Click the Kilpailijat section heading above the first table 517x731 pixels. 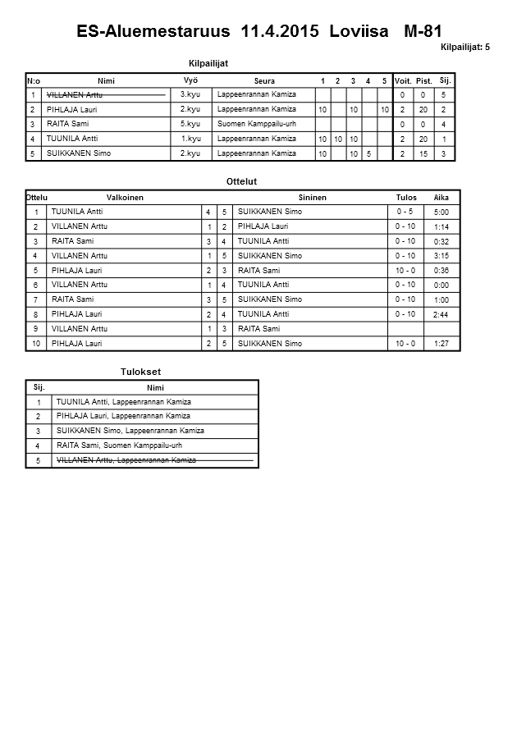click(208, 63)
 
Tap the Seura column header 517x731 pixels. click(264, 81)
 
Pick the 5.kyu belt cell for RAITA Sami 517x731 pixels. click(190, 124)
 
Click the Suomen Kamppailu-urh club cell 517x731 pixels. click(256, 124)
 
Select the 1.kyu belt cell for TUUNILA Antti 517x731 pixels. click(190, 139)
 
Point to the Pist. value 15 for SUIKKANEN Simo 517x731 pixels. click(423, 153)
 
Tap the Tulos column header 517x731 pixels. click(405, 198)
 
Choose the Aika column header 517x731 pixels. click(442, 198)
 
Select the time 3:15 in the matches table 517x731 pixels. click(442, 257)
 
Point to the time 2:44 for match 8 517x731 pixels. click(442, 315)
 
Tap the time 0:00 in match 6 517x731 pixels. click(442, 286)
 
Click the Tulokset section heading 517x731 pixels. click(140, 372)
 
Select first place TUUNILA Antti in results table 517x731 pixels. click(123, 402)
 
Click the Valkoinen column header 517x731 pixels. click(125, 198)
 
